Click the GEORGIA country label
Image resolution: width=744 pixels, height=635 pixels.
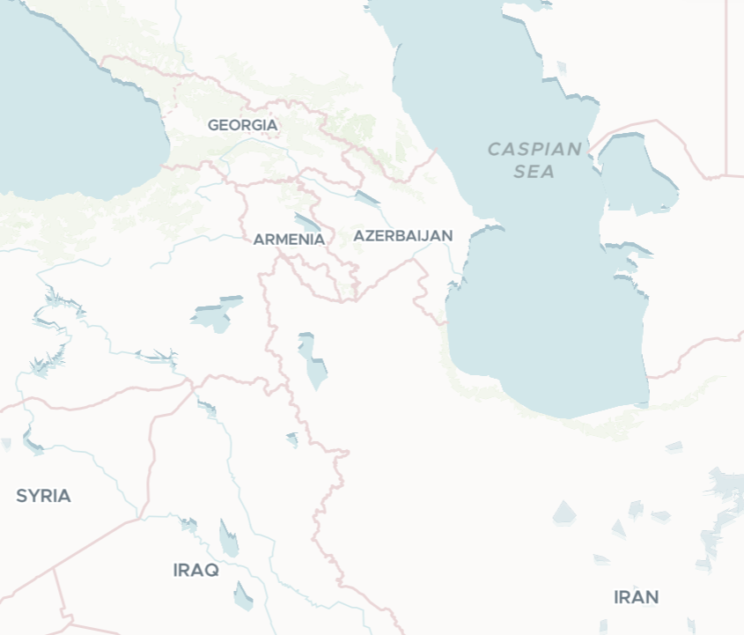pyautogui.click(x=242, y=125)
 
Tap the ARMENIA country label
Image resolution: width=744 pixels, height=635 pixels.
pyautogui.click(x=289, y=239)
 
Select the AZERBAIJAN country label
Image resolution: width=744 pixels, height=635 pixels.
pyautogui.click(x=402, y=235)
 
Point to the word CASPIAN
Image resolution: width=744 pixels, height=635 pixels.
pyautogui.click(x=534, y=149)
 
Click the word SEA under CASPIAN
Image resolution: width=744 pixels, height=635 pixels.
pyautogui.click(x=534, y=171)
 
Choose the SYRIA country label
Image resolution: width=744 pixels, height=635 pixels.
pyautogui.click(x=43, y=496)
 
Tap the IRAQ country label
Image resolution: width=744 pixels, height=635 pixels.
pyautogui.click(x=195, y=570)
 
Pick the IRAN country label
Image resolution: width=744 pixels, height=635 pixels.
pyautogui.click(x=636, y=597)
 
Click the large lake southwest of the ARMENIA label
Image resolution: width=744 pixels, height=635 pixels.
pyautogui.click(x=214, y=314)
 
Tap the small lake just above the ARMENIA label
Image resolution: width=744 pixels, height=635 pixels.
pyautogui.click(x=307, y=221)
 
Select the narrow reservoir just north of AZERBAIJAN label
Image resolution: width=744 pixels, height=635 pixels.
pyautogui.click(x=366, y=198)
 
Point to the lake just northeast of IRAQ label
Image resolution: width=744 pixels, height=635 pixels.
pyautogui.click(x=228, y=539)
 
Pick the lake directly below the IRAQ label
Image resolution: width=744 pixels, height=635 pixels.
pyautogui.click(x=243, y=596)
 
